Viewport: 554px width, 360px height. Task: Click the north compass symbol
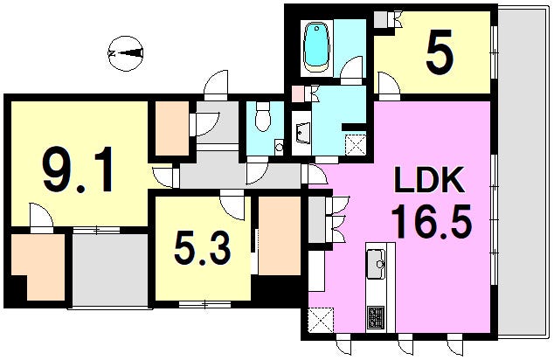pos(126,53)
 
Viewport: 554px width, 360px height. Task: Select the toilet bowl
pos(262,116)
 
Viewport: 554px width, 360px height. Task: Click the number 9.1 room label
pos(78,170)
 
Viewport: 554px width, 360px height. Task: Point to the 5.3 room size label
pos(203,247)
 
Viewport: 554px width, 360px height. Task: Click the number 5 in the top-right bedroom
pos(440,52)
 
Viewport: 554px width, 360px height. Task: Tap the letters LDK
pos(429,181)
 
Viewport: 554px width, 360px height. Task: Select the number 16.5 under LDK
pos(431,222)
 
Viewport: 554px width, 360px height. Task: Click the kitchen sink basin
pos(377,264)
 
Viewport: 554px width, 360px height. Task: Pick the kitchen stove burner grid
pos(376,317)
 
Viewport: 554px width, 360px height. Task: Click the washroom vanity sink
pos(302,134)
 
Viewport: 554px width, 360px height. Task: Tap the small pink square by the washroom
pos(300,94)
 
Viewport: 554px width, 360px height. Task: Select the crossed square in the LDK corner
pos(321,320)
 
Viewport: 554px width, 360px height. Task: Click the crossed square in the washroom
pos(355,145)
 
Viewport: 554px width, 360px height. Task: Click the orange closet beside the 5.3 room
pos(279,236)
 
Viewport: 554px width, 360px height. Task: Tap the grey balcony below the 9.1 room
pos(110,269)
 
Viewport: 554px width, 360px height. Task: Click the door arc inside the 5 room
pos(389,82)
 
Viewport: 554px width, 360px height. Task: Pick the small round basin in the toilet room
pos(279,146)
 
